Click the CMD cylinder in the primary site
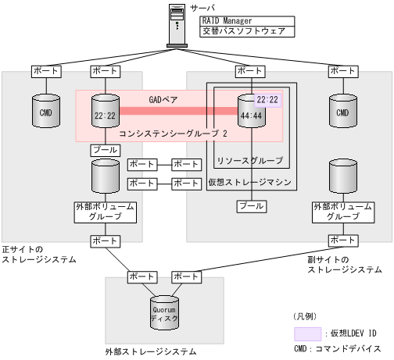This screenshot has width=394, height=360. (x=45, y=112)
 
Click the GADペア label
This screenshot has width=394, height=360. (x=164, y=100)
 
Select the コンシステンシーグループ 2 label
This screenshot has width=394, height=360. (x=173, y=134)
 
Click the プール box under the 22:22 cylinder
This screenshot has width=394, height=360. (x=104, y=149)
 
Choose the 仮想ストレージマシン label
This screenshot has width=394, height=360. (x=250, y=182)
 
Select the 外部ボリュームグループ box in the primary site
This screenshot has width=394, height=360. (x=104, y=212)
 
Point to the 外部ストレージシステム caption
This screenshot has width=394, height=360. (x=151, y=352)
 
